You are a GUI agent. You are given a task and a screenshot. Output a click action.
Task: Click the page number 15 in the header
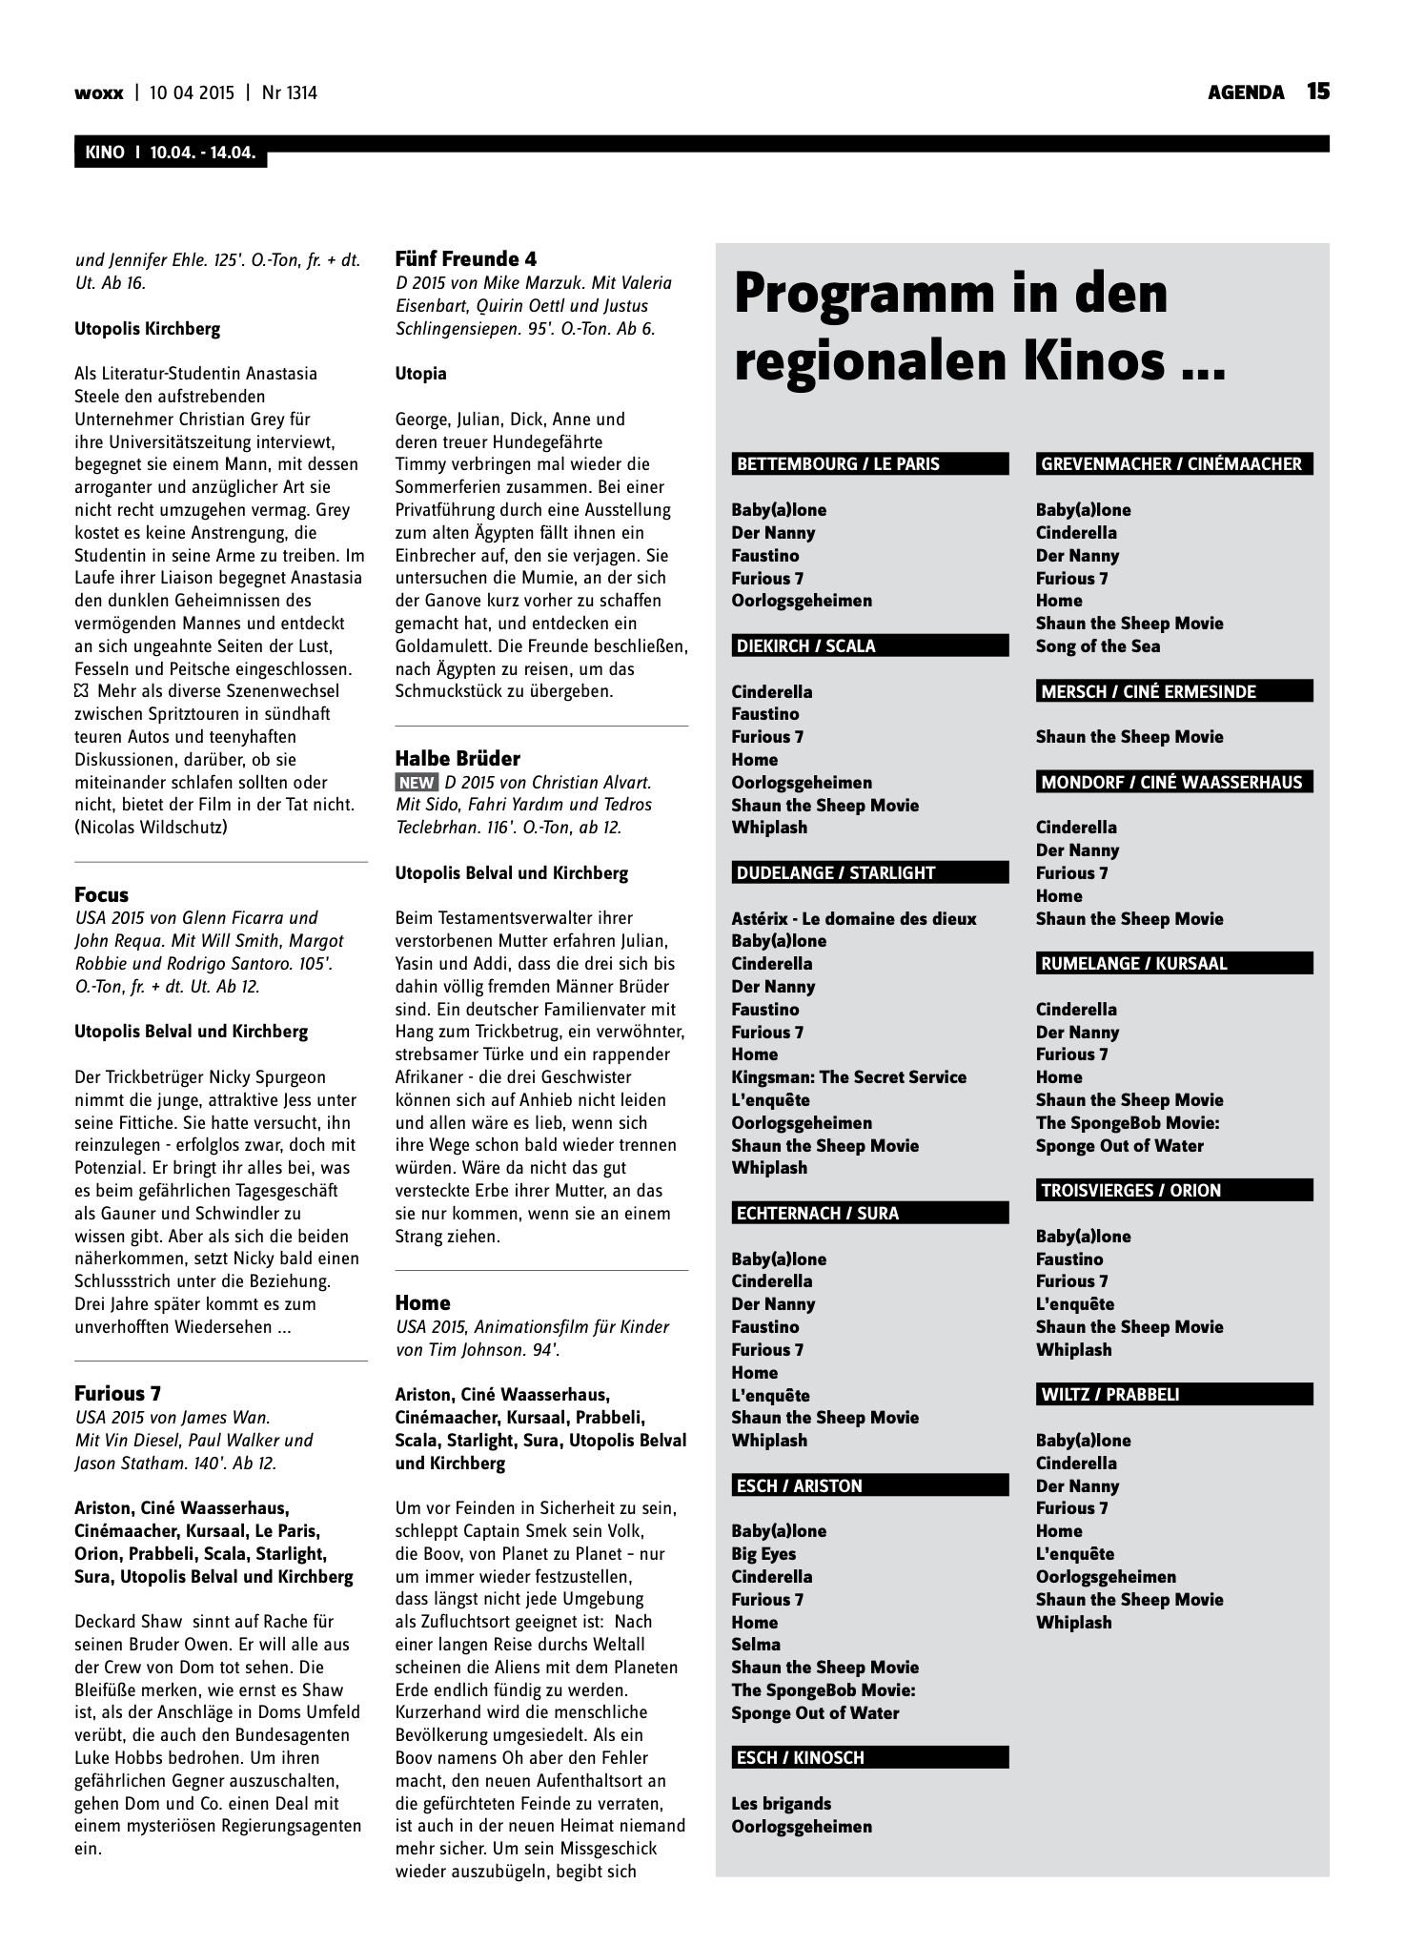[1317, 92]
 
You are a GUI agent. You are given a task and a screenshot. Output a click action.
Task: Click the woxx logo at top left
[98, 93]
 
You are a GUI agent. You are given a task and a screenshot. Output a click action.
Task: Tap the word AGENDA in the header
[1246, 92]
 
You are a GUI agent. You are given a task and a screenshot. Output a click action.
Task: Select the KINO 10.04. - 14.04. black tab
[171, 153]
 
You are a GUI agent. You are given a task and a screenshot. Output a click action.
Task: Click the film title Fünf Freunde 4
[466, 259]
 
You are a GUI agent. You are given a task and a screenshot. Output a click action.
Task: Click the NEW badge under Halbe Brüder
[417, 783]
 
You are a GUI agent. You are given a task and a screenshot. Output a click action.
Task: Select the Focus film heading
[101, 895]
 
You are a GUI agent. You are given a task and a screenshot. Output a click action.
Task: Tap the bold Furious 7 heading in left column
[117, 1394]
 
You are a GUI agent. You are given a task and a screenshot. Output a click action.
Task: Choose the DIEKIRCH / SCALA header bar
[869, 646]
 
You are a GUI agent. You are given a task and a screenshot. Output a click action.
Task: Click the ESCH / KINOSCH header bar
[869, 1758]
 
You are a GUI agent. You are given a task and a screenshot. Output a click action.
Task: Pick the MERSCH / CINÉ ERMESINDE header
[1173, 692]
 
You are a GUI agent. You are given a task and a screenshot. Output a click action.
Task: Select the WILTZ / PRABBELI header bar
[1173, 1395]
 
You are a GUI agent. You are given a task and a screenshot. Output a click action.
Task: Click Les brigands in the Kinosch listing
[781, 1804]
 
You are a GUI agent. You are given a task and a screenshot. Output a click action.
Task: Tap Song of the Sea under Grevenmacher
[1098, 646]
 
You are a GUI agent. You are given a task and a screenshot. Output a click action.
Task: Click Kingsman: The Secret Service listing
[848, 1077]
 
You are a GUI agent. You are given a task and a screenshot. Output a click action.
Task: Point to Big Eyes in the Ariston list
[763, 1554]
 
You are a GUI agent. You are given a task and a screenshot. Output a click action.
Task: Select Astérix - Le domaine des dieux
[854, 919]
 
